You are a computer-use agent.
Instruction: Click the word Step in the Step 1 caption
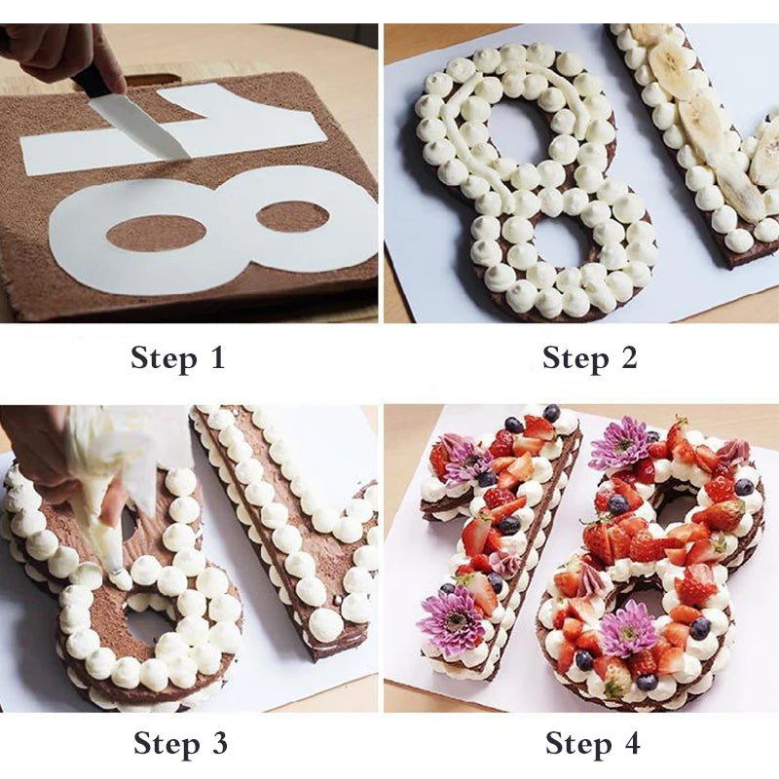[163, 357]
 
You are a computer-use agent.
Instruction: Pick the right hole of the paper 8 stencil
[291, 215]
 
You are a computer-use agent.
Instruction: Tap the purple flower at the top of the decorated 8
[619, 443]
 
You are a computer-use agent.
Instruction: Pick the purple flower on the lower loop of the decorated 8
[628, 628]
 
